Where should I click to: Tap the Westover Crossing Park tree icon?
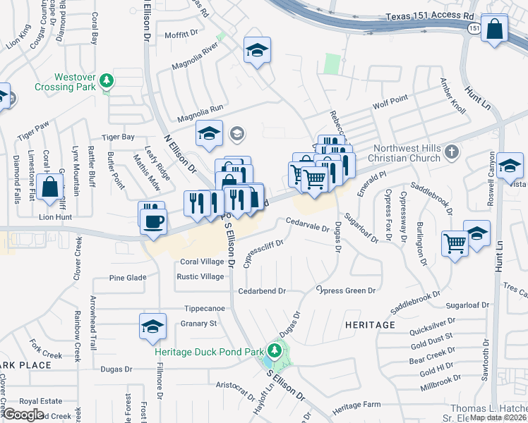(107, 80)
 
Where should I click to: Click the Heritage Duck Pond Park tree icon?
(274, 350)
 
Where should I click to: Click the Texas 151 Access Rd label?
(428, 17)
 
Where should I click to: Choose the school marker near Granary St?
(152, 326)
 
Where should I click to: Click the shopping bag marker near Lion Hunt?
(50, 188)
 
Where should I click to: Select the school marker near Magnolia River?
(258, 50)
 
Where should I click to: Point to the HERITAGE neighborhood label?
(370, 325)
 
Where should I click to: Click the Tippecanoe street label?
(204, 308)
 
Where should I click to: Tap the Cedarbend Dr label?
(261, 290)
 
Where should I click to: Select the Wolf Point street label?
(390, 100)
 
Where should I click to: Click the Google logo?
(23, 415)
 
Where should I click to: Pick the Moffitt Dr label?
(182, 34)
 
